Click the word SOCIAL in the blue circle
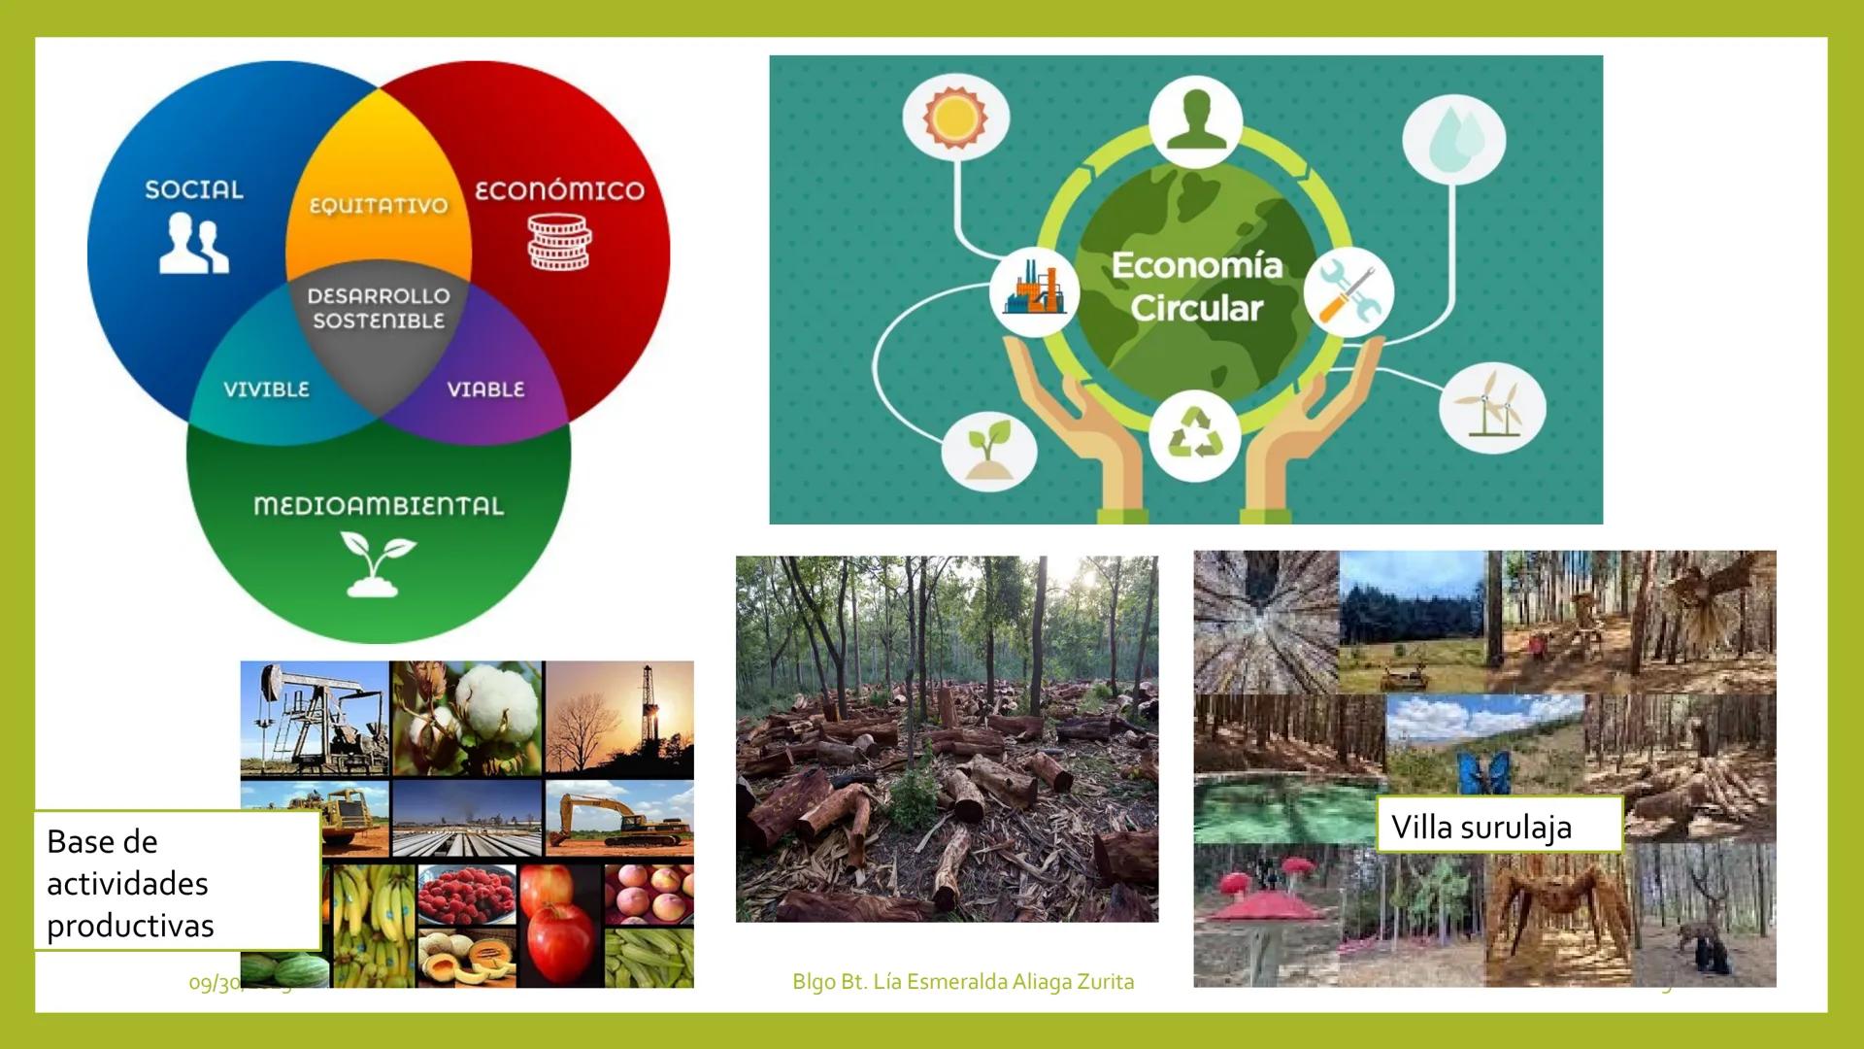pyautogui.click(x=194, y=189)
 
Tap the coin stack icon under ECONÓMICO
pyautogui.click(x=559, y=243)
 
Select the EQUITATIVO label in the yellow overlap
pyautogui.click(x=379, y=206)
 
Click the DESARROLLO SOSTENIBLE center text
pyautogui.click(x=379, y=308)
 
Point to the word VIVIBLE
pyautogui.click(x=266, y=389)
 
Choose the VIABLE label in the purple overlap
pyautogui.click(x=485, y=389)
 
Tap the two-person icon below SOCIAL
pyautogui.click(x=194, y=244)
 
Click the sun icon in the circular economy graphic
pyautogui.click(x=955, y=118)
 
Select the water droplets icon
pyautogui.click(x=1453, y=137)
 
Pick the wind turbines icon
pyautogui.click(x=1491, y=407)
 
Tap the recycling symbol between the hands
pyautogui.click(x=1194, y=434)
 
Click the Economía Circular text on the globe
pyautogui.click(x=1196, y=287)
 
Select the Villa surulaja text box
pyautogui.click(x=1498, y=826)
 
